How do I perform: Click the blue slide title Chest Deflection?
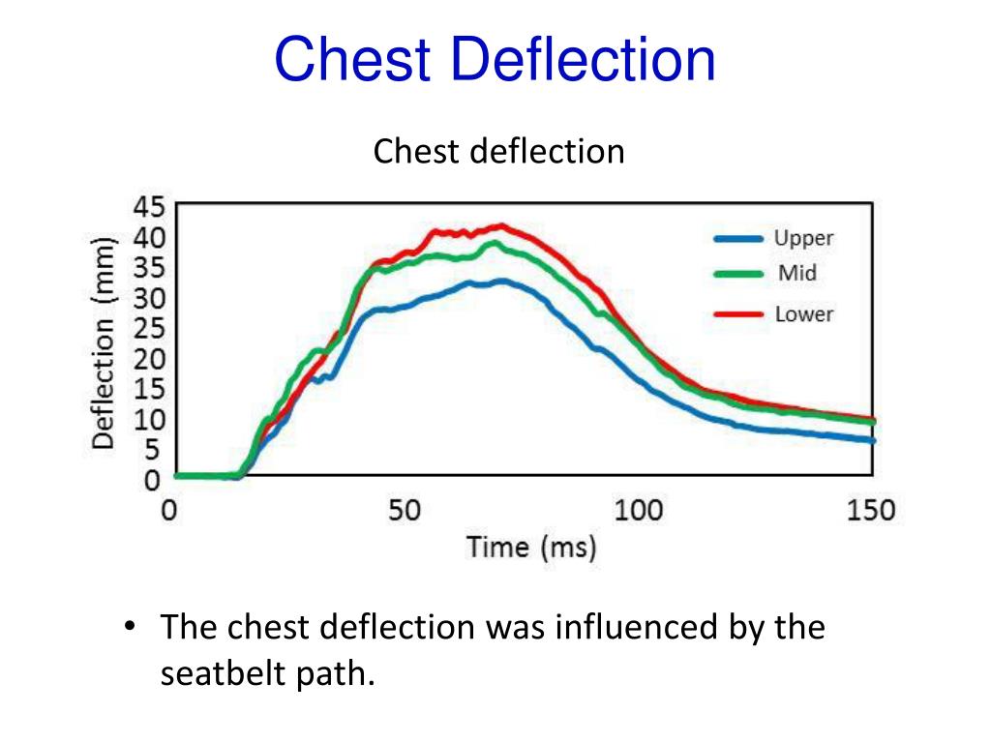(x=495, y=60)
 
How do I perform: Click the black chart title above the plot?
(x=499, y=151)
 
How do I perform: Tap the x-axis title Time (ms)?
(x=531, y=548)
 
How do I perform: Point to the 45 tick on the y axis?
(x=149, y=208)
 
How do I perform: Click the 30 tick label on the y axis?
(x=149, y=298)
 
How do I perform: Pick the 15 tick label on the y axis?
(x=149, y=389)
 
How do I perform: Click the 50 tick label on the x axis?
(x=405, y=510)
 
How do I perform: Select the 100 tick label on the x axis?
(x=639, y=510)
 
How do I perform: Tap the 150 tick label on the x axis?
(x=871, y=510)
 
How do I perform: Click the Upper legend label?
(x=803, y=238)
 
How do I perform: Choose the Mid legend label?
(x=797, y=274)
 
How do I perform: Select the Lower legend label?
(x=803, y=313)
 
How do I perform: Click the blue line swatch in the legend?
(x=739, y=239)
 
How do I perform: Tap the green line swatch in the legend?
(x=739, y=275)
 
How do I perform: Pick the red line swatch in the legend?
(x=739, y=314)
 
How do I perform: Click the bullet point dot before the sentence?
(x=130, y=628)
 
